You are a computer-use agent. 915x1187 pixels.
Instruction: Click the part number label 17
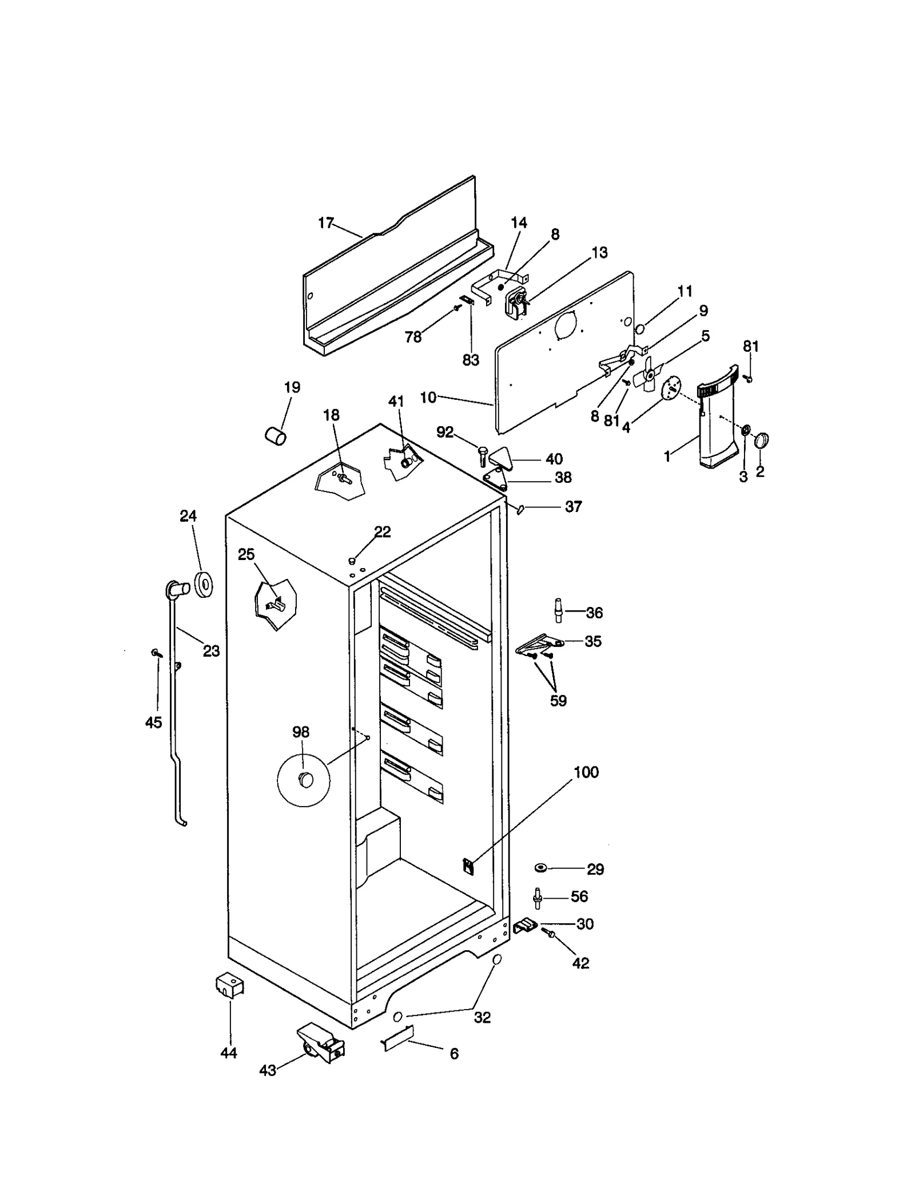tap(325, 223)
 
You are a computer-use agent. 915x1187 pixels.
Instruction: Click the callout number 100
tap(586, 772)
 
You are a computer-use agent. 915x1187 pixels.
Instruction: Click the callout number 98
tap(301, 732)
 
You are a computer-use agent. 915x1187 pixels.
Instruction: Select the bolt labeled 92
tap(482, 456)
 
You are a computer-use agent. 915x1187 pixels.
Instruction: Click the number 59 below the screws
tap(558, 701)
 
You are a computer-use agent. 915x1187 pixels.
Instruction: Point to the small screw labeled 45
tap(155, 652)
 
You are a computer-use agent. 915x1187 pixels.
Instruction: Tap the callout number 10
tap(428, 398)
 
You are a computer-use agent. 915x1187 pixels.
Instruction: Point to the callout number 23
tap(211, 651)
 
